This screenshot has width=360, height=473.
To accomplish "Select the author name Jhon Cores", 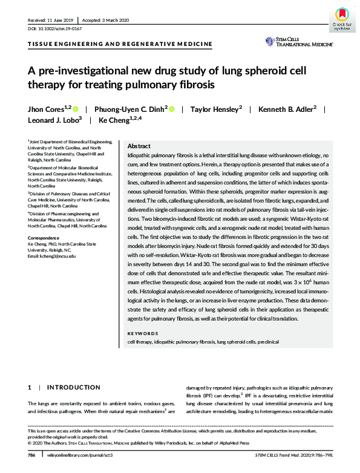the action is (47, 109).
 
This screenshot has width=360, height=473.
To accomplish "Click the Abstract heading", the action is (140, 146).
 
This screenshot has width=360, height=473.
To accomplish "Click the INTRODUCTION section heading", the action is (73, 387).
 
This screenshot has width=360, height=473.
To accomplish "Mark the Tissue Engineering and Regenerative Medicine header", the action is (120, 44).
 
